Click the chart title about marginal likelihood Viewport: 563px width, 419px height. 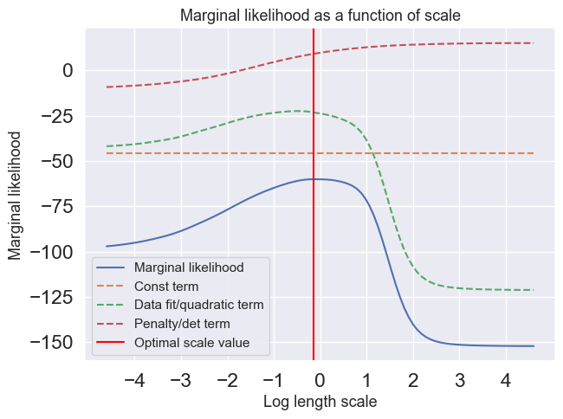(320, 15)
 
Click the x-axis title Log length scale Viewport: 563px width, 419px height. (320, 403)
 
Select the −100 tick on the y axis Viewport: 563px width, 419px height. (54, 252)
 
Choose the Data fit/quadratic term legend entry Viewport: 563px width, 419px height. (198, 305)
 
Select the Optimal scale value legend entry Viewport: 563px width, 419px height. (191, 343)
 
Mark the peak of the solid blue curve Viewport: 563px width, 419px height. (317, 179)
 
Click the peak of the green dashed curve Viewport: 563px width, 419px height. (296, 111)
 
